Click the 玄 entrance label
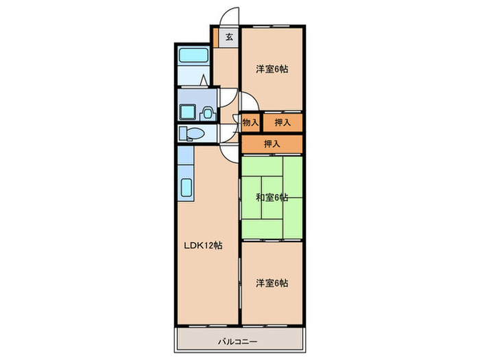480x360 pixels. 230,38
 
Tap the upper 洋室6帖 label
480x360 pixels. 272,69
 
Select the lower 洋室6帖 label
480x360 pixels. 272,283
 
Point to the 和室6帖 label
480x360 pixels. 272,197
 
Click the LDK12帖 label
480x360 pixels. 202,245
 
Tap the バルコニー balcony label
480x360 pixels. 238,341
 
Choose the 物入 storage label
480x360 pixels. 250,123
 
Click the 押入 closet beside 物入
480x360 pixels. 282,123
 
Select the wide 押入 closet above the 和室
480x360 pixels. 272,144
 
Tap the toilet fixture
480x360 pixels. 191,133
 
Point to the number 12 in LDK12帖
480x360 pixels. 208,245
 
